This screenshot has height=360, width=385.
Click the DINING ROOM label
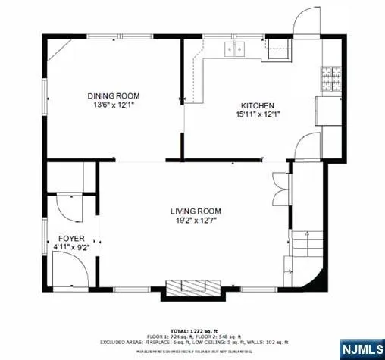point(114,95)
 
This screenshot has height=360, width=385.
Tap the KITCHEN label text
point(258,105)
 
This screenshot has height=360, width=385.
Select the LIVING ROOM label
point(193,212)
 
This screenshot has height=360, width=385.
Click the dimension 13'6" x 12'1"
point(114,105)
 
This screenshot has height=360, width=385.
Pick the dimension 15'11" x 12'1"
point(258,114)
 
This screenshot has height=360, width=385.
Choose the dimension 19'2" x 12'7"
point(193,221)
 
